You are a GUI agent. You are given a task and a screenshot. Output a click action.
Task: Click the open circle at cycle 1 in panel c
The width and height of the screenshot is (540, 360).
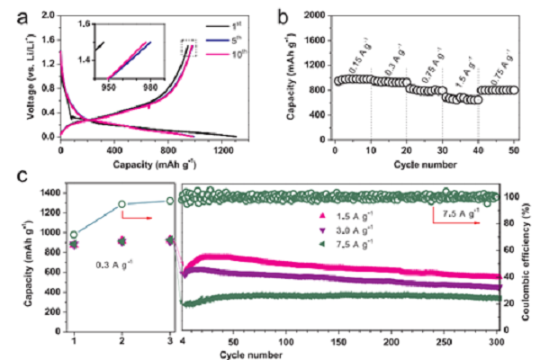pyautogui.click(x=74, y=234)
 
